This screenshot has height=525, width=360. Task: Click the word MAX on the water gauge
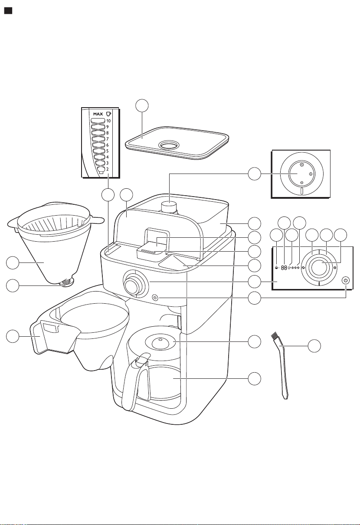(98, 114)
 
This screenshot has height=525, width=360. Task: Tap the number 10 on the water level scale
(108, 121)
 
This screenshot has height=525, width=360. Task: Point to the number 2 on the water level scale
(107, 169)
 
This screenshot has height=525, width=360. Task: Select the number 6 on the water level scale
(107, 145)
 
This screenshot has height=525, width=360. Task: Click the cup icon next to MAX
(108, 114)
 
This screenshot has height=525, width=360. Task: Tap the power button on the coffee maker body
(155, 298)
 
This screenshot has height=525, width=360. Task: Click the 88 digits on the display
(284, 268)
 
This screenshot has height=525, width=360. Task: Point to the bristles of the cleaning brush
(275, 337)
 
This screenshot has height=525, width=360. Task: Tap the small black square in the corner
(8, 11)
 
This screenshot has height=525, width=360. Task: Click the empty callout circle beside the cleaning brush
(314, 346)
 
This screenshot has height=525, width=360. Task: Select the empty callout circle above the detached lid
(142, 106)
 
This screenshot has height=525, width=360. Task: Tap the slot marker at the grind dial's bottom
(302, 191)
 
